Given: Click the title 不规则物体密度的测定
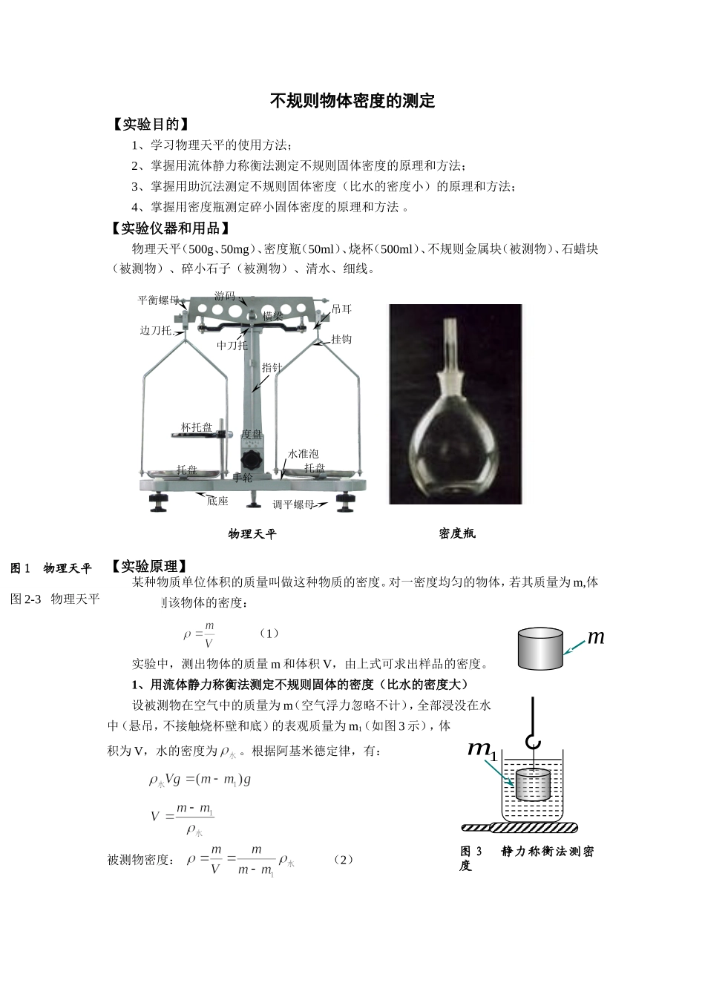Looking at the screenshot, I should (x=352, y=101).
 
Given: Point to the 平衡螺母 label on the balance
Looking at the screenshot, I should (x=158, y=300).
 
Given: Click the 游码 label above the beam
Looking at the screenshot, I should (x=225, y=296).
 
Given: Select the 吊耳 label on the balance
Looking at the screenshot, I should (x=341, y=309).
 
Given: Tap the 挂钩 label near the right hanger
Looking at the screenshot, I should (x=341, y=339).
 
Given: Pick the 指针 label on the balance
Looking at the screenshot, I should (x=272, y=367).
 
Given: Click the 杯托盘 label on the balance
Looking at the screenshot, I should (x=197, y=427).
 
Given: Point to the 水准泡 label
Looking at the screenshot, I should (x=304, y=453).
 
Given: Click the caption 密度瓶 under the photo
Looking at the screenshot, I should (x=457, y=533).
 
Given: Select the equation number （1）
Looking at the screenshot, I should (x=269, y=634).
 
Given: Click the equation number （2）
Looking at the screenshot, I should (x=343, y=859).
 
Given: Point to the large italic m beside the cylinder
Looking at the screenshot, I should (x=596, y=636).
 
